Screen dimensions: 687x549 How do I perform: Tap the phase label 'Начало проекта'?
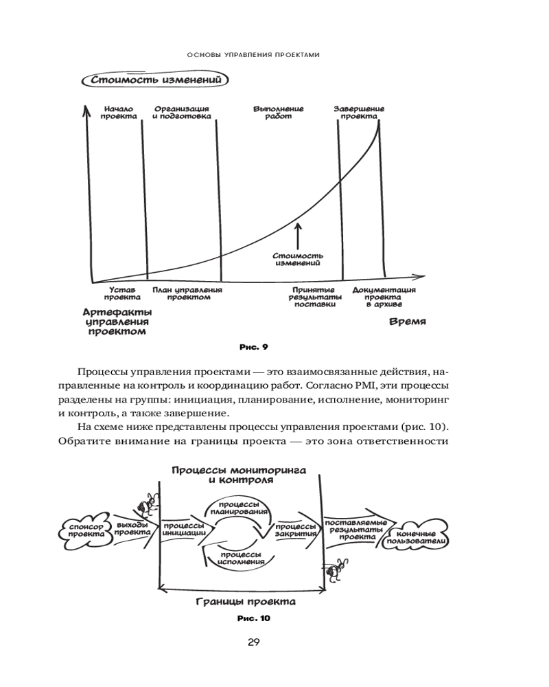click(x=118, y=113)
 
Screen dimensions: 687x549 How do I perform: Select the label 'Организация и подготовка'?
click(x=181, y=113)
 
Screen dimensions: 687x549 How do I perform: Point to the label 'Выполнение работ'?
click(x=278, y=113)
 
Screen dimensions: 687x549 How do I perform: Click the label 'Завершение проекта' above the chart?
click(x=359, y=113)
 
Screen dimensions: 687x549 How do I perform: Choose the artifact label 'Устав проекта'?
click(x=118, y=294)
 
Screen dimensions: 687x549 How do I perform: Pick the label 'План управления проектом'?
click(x=187, y=294)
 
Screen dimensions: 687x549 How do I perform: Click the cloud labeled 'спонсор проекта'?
click(x=85, y=529)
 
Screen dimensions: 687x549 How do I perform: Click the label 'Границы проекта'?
click(x=245, y=602)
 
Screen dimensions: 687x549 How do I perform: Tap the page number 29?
click(x=253, y=642)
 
